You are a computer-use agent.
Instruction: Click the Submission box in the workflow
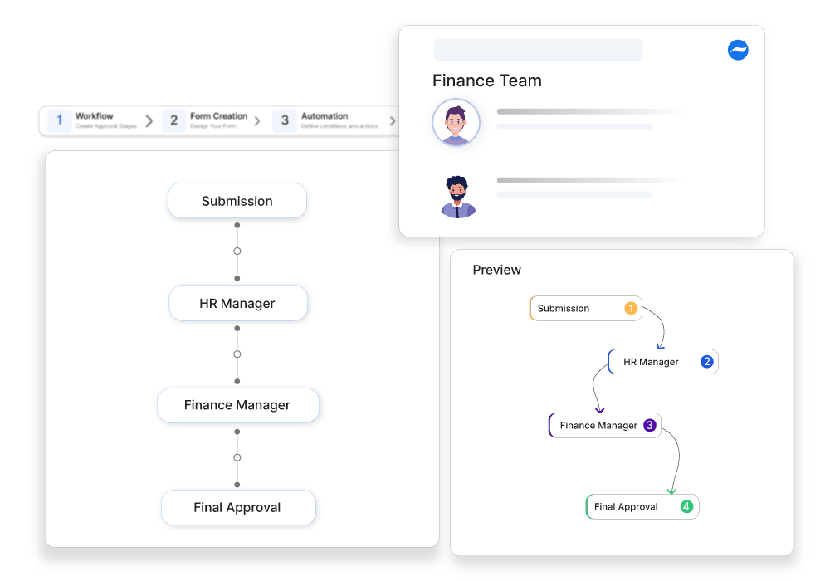[237, 201]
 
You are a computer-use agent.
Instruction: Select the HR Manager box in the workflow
[237, 304]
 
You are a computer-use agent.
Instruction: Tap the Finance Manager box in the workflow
[237, 405]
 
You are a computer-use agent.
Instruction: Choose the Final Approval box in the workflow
[237, 507]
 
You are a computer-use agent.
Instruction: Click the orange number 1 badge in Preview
[631, 309]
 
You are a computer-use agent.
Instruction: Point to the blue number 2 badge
[707, 362]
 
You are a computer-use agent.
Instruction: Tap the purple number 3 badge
[650, 426]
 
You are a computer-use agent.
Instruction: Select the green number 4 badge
[686, 507]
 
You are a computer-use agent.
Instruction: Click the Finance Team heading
[487, 81]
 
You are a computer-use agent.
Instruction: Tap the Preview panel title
[497, 270]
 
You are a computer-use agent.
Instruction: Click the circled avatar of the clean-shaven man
[456, 123]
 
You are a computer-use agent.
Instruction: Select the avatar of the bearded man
[458, 197]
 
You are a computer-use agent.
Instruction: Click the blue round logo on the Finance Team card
[738, 51]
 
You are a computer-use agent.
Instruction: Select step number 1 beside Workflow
[60, 120]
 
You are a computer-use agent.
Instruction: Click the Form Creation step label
[218, 116]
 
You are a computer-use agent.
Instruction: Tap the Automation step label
[325, 116]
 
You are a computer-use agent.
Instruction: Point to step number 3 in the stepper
[285, 120]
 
